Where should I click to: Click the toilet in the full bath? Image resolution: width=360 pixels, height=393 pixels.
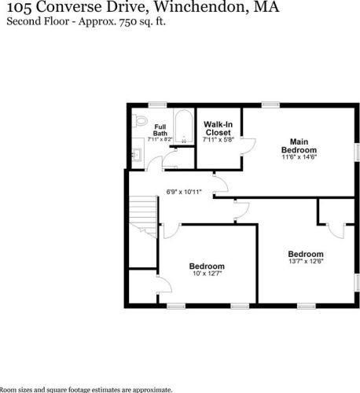[140, 120]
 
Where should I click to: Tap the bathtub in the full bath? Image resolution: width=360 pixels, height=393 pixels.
[184, 127]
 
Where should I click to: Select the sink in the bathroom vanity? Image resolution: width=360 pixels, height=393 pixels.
[138, 155]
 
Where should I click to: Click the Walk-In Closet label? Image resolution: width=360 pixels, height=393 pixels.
[219, 128]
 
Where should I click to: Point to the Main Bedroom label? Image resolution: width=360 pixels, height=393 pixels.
[299, 146]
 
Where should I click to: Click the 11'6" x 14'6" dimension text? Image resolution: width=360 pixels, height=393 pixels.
[299, 157]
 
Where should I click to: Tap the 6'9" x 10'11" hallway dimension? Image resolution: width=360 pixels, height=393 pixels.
[184, 192]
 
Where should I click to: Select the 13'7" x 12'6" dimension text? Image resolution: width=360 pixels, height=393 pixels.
[306, 261]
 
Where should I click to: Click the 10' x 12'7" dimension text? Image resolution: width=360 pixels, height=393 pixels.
[207, 274]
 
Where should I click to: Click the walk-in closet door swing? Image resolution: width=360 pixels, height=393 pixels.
[248, 146]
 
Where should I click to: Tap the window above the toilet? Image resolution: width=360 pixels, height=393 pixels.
[158, 105]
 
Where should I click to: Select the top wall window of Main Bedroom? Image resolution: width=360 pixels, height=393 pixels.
[270, 105]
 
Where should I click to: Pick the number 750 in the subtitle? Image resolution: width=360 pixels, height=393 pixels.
[128, 21]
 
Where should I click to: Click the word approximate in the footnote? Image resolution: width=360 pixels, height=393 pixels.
[151, 390]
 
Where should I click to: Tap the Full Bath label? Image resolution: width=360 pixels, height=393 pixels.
[160, 130]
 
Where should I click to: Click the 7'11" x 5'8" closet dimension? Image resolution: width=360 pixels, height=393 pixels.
[219, 140]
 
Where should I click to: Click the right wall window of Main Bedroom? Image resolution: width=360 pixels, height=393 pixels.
[357, 152]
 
